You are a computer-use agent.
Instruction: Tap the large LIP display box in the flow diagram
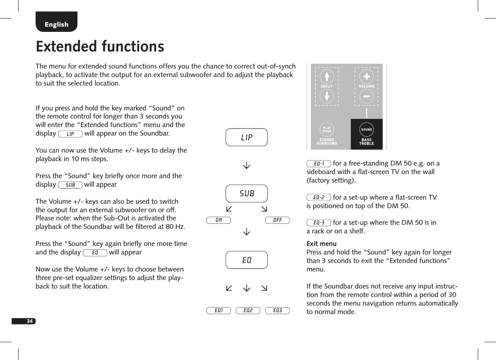[247, 137]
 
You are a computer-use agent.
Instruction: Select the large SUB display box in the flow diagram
[247, 193]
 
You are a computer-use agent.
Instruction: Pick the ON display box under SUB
[218, 220]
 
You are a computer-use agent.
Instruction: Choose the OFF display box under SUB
[277, 220]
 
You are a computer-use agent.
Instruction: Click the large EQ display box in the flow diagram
[247, 260]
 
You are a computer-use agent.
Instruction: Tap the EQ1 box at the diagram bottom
[218, 310]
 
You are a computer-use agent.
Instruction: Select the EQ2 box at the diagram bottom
[248, 310]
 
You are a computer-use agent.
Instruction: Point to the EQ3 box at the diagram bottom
[277, 310]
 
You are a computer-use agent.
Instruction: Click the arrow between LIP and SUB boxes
[247, 166]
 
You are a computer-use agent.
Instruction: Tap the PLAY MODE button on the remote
[327, 129]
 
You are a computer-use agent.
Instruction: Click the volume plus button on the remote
[366, 77]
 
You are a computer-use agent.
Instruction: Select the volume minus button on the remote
[366, 96]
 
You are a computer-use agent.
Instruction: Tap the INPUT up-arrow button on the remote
[327, 77]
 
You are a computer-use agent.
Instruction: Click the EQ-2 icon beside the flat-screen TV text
[318, 197]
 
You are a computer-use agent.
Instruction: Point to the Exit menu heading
[321, 244]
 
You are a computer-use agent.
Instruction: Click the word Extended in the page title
[66, 47]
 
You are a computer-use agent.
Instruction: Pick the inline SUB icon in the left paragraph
[70, 184]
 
